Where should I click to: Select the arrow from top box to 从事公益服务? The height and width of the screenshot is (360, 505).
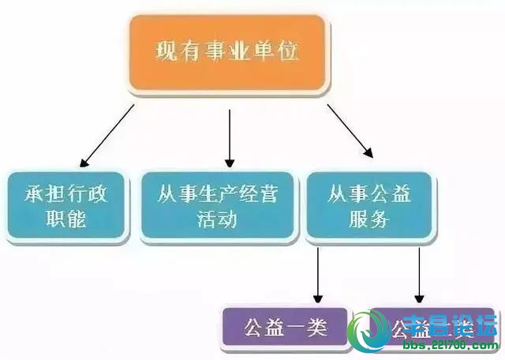point(350,131)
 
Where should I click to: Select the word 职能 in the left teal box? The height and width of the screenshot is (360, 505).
point(65,217)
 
